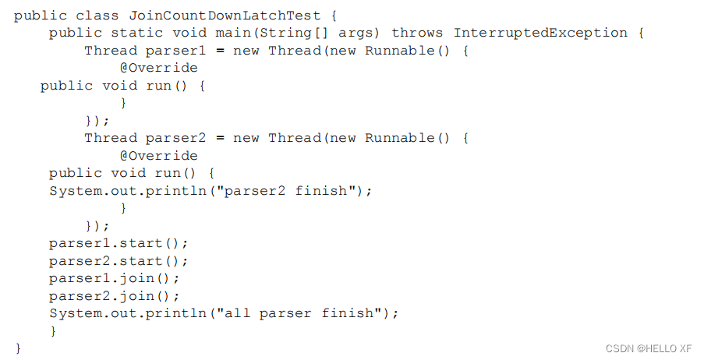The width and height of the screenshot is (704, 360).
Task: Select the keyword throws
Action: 417,33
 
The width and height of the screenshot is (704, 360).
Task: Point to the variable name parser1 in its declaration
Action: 175,51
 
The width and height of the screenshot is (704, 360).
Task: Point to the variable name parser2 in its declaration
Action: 175,138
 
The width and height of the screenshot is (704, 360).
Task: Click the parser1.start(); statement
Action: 119,243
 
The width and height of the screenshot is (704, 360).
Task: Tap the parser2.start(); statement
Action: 119,261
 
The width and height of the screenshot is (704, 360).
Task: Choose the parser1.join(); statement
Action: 115,278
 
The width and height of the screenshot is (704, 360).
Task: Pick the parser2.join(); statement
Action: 115,296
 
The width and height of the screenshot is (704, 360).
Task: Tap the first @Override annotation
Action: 157,68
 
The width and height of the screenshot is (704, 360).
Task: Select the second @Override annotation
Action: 157,156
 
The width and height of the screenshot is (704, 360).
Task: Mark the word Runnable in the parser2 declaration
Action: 408,138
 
